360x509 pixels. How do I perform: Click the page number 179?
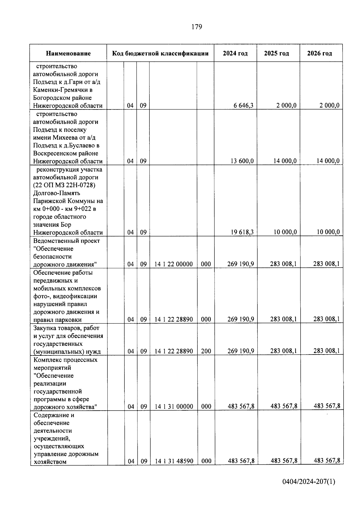coord(196,27)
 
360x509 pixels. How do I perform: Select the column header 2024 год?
coord(235,53)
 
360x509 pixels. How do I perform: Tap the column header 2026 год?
coord(319,53)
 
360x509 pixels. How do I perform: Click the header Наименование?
coord(68,53)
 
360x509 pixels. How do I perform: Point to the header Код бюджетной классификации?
coord(160,53)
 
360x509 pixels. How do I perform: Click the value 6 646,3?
coord(243,106)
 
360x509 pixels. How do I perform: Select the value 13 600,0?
coord(242,161)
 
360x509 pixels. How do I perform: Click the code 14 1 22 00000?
coord(173,264)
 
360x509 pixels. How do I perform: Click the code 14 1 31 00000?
coord(174,407)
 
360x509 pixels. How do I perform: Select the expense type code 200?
coord(206,351)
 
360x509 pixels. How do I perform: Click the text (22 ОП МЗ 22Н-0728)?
coord(64,185)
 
